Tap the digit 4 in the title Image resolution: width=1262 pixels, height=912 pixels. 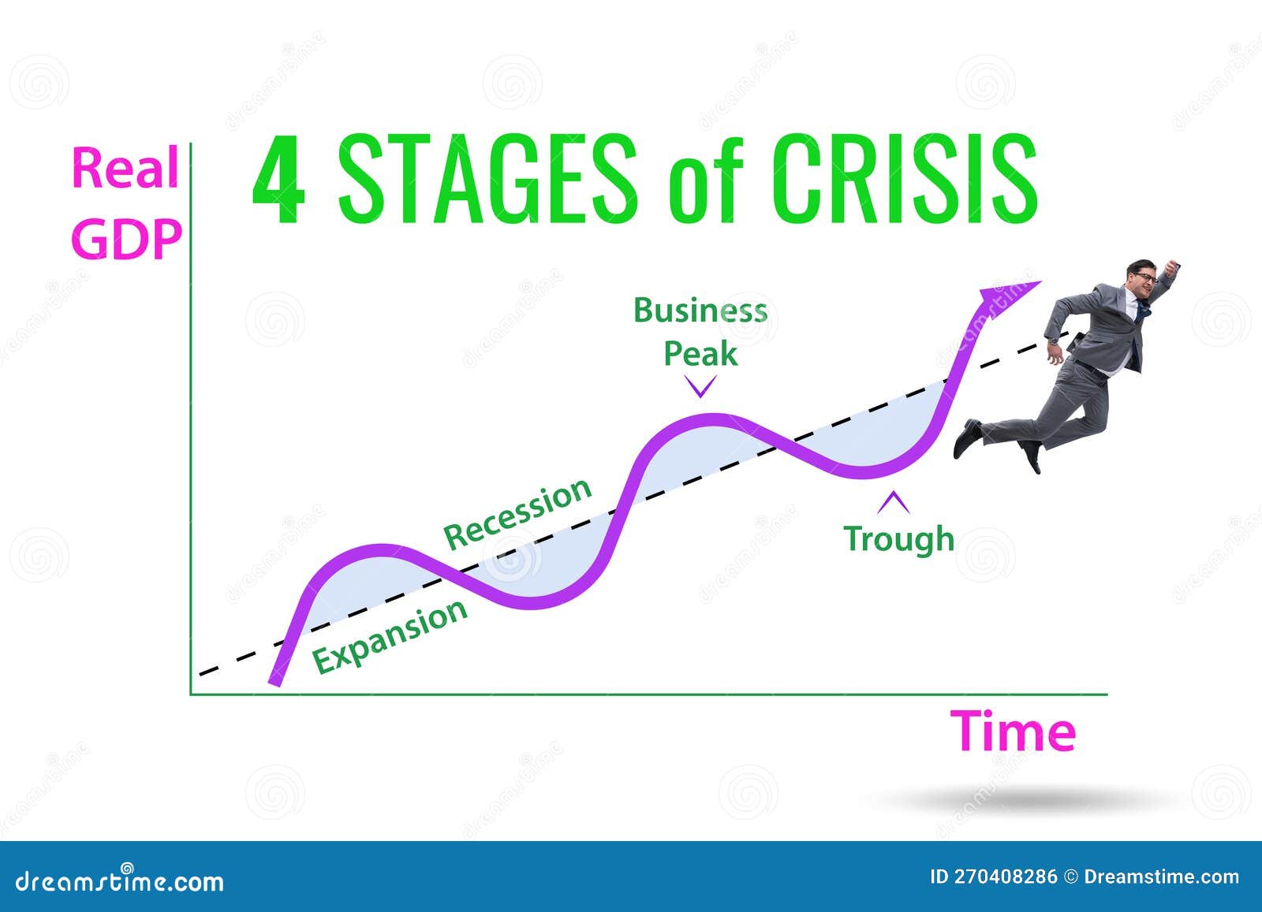coord(278,180)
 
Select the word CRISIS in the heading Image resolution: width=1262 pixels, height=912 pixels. coord(905,179)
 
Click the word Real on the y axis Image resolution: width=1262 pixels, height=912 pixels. coord(125,168)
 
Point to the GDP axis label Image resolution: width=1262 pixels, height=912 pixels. coord(126,239)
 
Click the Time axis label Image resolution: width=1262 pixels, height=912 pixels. coord(1013,731)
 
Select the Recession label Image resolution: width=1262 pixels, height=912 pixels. coord(517,513)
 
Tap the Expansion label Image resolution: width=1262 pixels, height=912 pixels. coord(390,635)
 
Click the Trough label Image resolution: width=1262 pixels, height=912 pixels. coord(898,539)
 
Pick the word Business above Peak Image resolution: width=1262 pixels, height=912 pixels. coord(700,311)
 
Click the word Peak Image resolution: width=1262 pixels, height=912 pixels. coord(700,354)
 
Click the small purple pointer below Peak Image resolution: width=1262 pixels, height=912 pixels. coord(700,386)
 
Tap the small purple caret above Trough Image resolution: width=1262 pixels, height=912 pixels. coord(894,501)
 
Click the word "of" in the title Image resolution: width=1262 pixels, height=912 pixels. coord(705,185)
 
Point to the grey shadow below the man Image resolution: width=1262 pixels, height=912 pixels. coord(1025,801)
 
